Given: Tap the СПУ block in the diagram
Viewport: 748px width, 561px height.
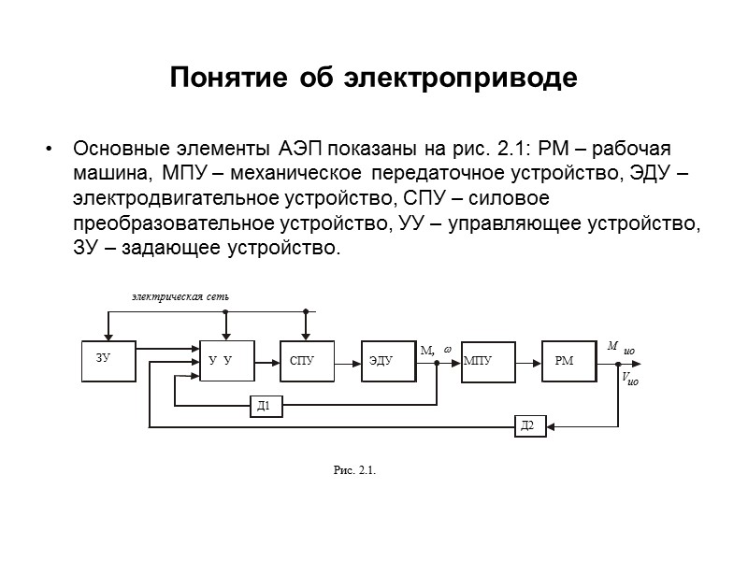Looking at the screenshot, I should (305, 360).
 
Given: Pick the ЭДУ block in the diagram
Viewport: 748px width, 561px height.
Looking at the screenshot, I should (387, 360).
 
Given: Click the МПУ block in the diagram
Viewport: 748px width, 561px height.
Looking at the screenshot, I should (488, 360).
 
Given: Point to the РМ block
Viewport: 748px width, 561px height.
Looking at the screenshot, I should (568, 360).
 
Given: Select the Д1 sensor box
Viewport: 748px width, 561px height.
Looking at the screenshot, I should (266, 406).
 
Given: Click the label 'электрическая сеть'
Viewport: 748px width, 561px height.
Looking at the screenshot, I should (179, 296).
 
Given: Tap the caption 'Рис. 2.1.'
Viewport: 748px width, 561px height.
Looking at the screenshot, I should (354, 469).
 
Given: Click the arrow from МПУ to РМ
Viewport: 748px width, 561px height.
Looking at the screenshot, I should (528, 360).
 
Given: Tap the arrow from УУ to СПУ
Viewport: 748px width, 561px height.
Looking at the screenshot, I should (266, 360).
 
